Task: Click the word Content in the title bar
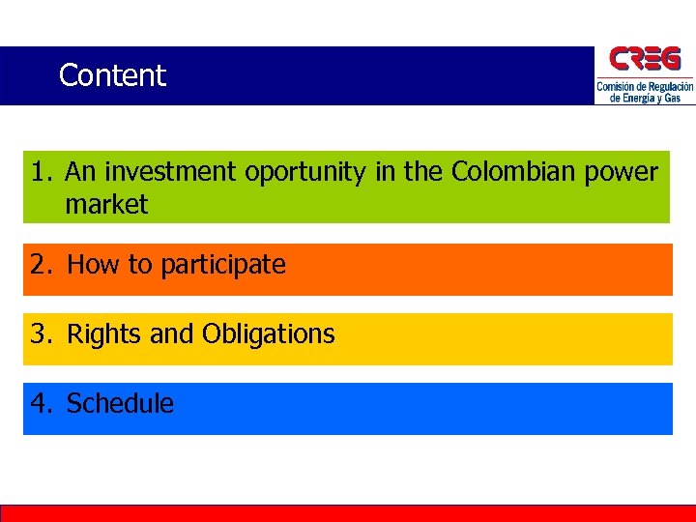tap(112, 75)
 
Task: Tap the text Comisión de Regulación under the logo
tap(645, 87)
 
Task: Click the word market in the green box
tap(106, 205)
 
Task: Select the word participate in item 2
tap(223, 265)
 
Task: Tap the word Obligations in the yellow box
tap(268, 334)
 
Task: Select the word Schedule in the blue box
tap(120, 404)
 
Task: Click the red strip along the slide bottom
tap(348, 513)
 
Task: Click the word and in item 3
tap(172, 334)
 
